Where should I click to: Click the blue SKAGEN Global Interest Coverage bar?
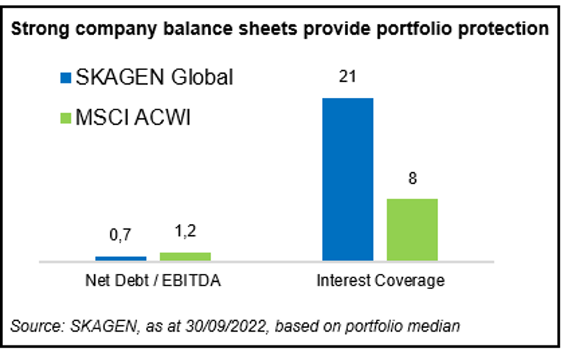(347, 179)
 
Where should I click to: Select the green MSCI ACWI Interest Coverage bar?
(412, 229)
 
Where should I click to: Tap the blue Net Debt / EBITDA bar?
(121, 258)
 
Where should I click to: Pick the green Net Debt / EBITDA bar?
(185, 256)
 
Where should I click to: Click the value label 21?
(347, 77)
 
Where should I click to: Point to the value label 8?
(412, 178)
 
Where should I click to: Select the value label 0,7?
(121, 237)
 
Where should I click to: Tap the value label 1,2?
(185, 232)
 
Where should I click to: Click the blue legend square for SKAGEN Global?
(63, 77)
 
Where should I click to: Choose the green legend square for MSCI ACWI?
(63, 118)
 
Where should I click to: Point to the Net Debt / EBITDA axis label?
(153, 280)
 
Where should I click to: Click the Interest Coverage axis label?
(380, 280)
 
